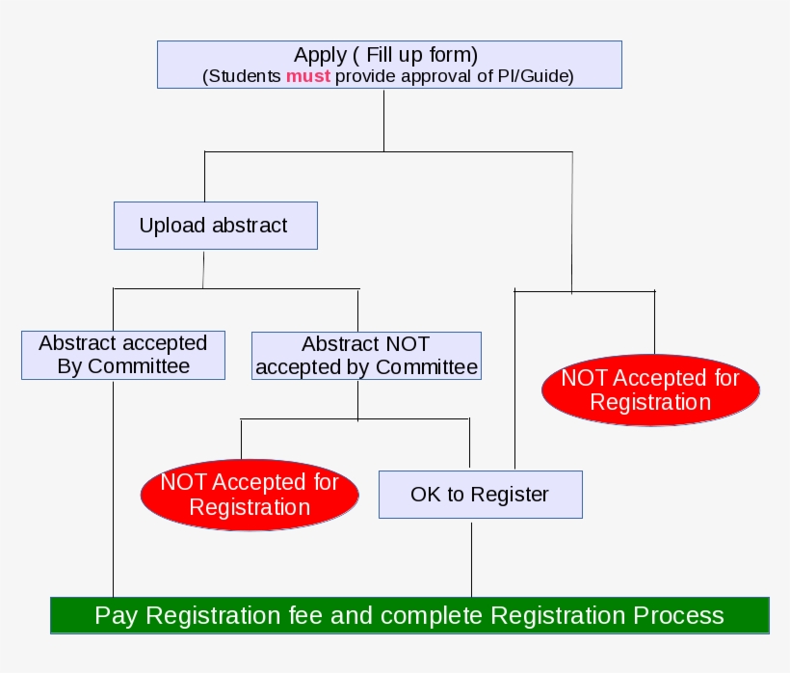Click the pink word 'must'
point(307,77)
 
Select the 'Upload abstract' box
point(215,226)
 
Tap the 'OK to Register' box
point(480,495)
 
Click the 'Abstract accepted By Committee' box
point(123,355)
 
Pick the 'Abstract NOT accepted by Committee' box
point(366,355)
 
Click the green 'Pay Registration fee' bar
point(409,615)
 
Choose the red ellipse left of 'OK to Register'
point(250,495)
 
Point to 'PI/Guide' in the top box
point(540,77)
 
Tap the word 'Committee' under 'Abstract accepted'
point(139,366)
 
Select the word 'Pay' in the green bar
point(117,615)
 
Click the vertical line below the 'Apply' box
point(384,121)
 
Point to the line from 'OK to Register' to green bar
point(472,559)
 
